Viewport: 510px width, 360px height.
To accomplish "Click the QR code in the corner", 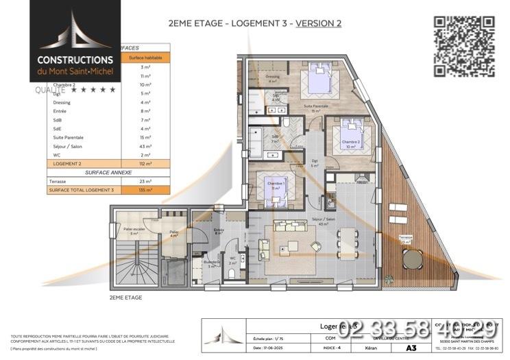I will pos(465,45).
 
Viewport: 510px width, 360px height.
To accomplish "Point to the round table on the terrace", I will pos(413,259).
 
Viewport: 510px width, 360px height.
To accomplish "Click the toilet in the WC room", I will pos(232,272).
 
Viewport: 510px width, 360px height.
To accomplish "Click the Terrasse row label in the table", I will pos(58,181).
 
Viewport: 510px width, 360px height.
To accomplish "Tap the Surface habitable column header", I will pos(145,58).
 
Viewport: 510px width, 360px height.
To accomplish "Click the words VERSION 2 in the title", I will pos(317,23).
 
